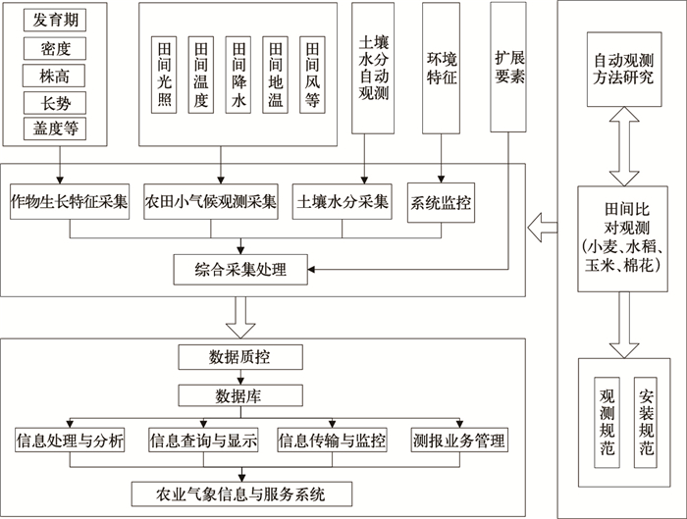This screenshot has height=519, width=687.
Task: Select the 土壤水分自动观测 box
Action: (373, 66)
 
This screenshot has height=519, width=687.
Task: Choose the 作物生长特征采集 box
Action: (71, 202)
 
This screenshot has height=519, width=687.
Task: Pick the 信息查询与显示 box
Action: (203, 441)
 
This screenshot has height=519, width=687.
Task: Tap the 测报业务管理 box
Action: (459, 441)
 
